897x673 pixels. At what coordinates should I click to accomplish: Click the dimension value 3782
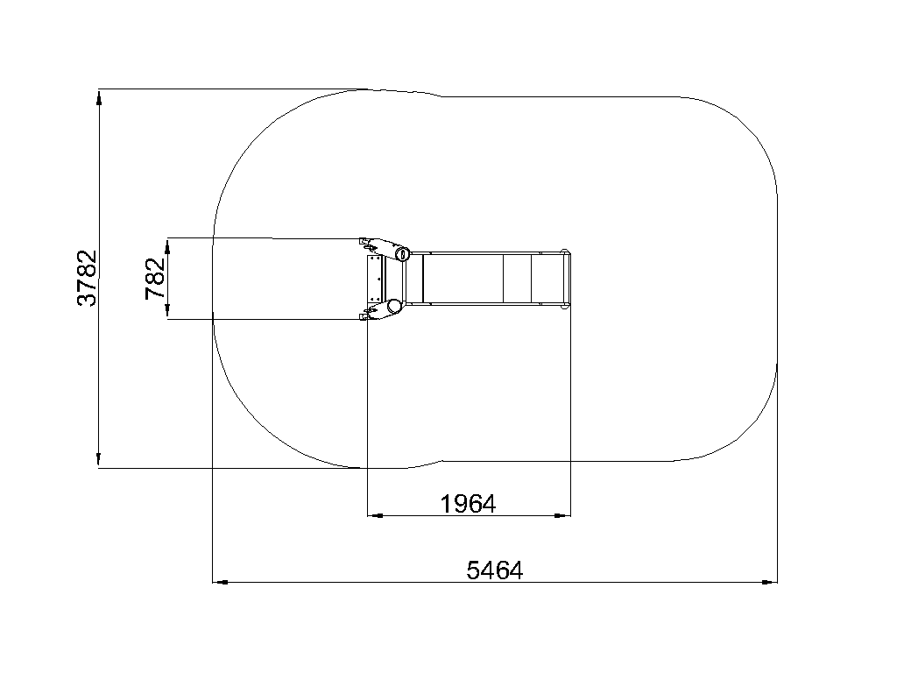pos(87,278)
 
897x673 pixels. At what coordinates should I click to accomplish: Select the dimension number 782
pos(155,279)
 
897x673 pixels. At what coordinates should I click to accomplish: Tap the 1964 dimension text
pos(468,504)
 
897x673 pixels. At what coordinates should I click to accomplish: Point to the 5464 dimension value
pos(495,570)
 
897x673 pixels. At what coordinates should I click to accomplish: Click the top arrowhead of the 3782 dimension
pos(99,98)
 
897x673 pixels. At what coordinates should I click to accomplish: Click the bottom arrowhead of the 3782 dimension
pos(99,459)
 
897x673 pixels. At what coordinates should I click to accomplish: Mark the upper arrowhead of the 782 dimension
pos(167,246)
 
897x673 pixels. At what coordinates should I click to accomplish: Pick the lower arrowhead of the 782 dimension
pos(167,311)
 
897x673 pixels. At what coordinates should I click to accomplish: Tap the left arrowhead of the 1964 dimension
pos(375,515)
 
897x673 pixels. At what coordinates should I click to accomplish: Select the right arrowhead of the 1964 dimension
pos(562,515)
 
